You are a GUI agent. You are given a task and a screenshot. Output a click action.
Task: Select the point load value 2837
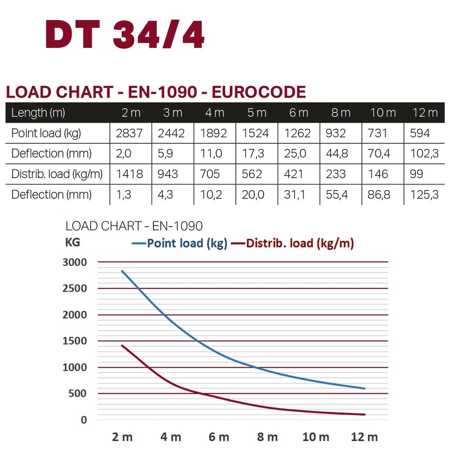click(129, 133)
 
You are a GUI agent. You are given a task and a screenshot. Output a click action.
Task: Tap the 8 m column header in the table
click(340, 112)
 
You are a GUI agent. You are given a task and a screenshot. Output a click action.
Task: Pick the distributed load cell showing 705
click(210, 174)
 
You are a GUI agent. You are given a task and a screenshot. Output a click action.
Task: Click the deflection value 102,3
click(424, 154)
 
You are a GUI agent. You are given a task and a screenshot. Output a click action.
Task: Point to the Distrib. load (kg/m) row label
click(57, 174)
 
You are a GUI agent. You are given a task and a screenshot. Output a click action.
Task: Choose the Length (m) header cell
click(38, 112)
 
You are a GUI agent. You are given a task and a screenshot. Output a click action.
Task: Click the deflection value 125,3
click(424, 195)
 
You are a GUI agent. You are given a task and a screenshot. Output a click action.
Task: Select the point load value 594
click(420, 133)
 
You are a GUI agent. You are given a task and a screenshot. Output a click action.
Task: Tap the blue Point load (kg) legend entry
click(180, 243)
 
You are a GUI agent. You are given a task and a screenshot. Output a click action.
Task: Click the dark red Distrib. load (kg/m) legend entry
click(292, 243)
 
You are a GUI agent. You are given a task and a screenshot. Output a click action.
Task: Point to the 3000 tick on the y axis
click(74, 262)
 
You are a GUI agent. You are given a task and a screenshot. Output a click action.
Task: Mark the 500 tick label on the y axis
click(78, 394)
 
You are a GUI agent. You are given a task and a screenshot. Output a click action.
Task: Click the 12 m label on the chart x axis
click(364, 437)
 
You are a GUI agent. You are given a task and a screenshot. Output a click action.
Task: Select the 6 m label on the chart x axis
click(219, 437)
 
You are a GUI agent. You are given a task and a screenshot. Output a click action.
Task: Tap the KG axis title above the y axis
click(72, 242)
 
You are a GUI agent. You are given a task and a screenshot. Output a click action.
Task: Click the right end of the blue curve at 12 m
click(364, 388)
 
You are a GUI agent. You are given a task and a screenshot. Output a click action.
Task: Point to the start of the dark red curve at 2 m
click(122, 345)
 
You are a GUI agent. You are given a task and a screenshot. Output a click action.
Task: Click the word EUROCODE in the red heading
click(259, 92)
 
